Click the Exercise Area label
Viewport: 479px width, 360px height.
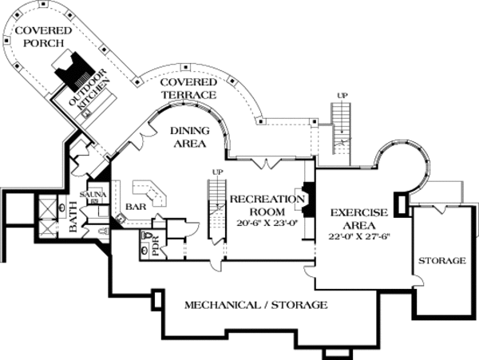[x=358, y=220]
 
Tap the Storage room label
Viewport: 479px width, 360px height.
[x=441, y=261]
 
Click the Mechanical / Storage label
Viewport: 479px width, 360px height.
[x=255, y=305]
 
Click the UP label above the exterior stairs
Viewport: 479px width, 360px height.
[x=342, y=96]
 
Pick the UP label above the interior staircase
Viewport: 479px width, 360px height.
[x=216, y=171]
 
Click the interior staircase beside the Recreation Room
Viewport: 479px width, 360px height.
[x=216, y=208]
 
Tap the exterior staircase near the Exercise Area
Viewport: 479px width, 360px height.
[x=341, y=128]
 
